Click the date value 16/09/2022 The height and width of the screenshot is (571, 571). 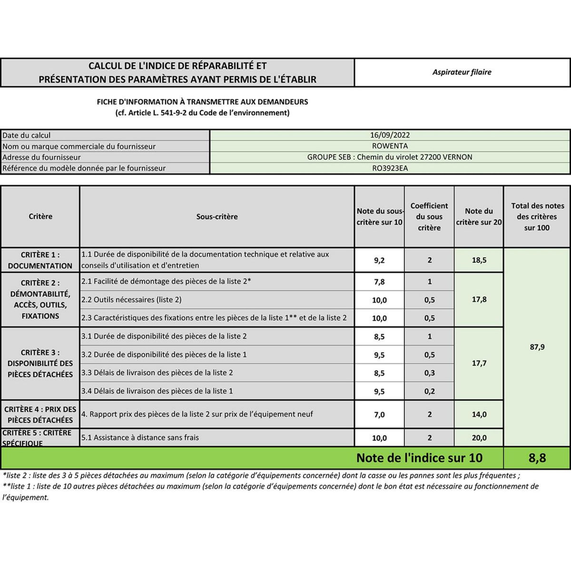coord(390,135)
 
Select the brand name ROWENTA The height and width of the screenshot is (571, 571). coord(390,146)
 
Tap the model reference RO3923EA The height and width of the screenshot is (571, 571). coord(390,168)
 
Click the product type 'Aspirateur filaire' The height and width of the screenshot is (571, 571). coord(462,72)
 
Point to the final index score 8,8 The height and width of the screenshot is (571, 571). coord(537,458)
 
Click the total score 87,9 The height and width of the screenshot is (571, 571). coord(537,347)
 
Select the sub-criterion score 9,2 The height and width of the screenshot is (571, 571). coord(379,260)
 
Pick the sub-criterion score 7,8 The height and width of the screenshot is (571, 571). coord(379,282)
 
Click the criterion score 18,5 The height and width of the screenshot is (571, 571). coord(479,260)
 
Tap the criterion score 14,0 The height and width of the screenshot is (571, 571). coord(479,414)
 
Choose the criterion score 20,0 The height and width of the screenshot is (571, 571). coord(479,438)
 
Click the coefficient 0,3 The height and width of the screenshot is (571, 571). coord(429,373)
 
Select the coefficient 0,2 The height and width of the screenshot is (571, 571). coord(429,391)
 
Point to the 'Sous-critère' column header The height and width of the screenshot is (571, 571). coord(217,217)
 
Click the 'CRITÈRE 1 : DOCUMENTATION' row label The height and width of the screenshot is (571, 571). coord(40,260)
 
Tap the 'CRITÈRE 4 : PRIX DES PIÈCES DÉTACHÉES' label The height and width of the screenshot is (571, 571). coord(40,414)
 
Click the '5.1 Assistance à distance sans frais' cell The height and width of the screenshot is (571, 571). coord(140,437)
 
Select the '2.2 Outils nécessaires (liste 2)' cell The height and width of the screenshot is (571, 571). coord(131,300)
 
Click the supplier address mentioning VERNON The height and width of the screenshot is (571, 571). coord(390,157)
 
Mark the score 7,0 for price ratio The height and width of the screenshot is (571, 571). coord(379,414)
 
